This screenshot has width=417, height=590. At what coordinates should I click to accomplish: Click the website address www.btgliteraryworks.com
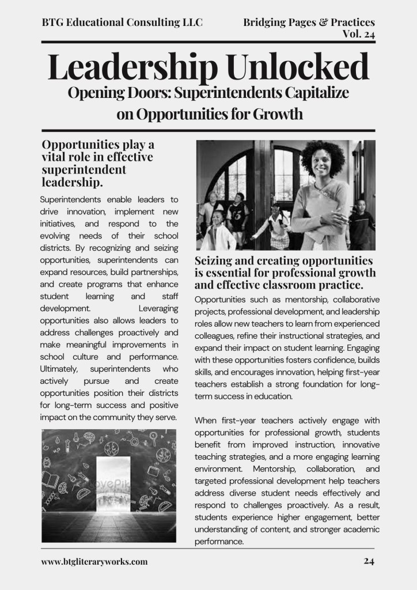tap(94, 561)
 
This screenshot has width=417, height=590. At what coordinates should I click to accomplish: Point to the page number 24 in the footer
tap(369, 561)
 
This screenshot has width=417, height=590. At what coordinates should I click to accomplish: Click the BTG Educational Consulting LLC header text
tap(122, 22)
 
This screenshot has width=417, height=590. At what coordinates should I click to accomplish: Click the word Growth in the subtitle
tap(275, 114)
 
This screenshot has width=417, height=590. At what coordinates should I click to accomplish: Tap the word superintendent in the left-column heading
tap(84, 171)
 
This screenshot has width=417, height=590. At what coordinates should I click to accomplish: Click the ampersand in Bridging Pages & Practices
tap(321, 22)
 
